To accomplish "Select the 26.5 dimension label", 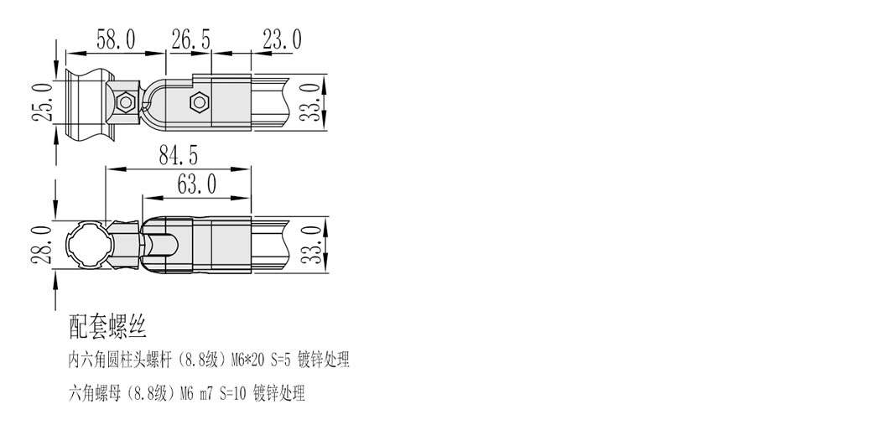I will click(191, 39).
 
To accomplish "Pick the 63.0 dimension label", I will click(197, 183).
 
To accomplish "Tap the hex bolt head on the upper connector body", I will click(199, 103).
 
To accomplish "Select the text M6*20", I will click(247, 361).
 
